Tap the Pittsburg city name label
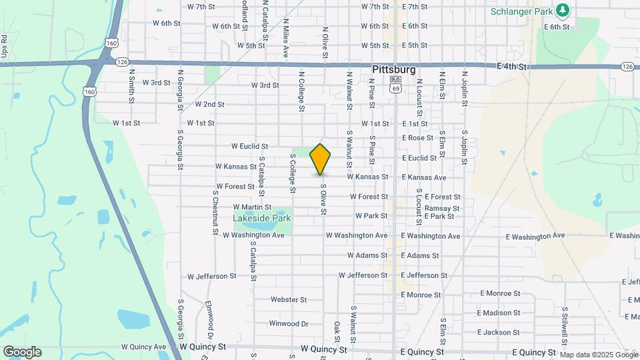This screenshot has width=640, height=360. click(x=393, y=69)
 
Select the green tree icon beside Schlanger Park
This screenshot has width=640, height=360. click(x=563, y=11)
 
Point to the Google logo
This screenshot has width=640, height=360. click(x=22, y=351)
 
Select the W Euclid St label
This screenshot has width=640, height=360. click(x=249, y=146)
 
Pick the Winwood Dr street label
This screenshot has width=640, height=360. click(x=289, y=324)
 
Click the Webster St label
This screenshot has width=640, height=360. click(x=288, y=300)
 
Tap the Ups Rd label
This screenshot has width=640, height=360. click(x=4, y=46)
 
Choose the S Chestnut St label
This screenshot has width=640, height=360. click(x=215, y=207)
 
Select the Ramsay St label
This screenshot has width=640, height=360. click(x=442, y=209)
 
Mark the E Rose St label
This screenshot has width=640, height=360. click(x=417, y=138)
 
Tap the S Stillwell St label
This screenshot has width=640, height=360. click(x=564, y=325)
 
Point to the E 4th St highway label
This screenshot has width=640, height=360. click(x=511, y=67)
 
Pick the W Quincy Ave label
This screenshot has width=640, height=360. click(x=143, y=347)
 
